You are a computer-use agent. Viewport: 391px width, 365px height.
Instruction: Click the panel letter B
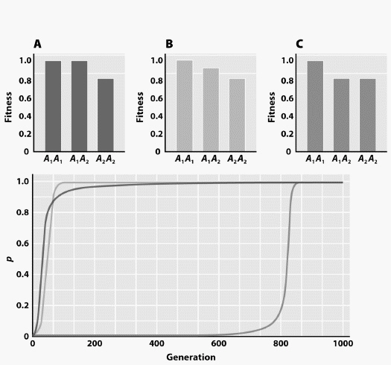pyautogui.click(x=169, y=44)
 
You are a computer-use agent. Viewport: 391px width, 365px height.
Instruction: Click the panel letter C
pyautogui.click(x=299, y=44)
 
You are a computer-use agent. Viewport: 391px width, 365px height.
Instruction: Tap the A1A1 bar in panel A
pyautogui.click(x=53, y=106)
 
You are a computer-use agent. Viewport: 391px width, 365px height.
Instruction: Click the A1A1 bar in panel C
pyautogui.click(x=315, y=106)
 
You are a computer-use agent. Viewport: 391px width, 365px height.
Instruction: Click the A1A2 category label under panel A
pyautogui.click(x=79, y=159)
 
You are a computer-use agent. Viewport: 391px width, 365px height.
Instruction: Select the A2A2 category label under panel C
pyautogui.click(x=367, y=159)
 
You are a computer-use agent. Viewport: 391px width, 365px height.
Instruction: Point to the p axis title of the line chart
pyautogui.click(x=9, y=259)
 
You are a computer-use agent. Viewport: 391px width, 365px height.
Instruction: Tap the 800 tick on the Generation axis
pyautogui.click(x=280, y=343)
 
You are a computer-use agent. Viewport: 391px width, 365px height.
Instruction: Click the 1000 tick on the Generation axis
pyautogui.click(x=342, y=343)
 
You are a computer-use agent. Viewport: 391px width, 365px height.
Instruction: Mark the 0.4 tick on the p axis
pyautogui.click(x=22, y=274)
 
